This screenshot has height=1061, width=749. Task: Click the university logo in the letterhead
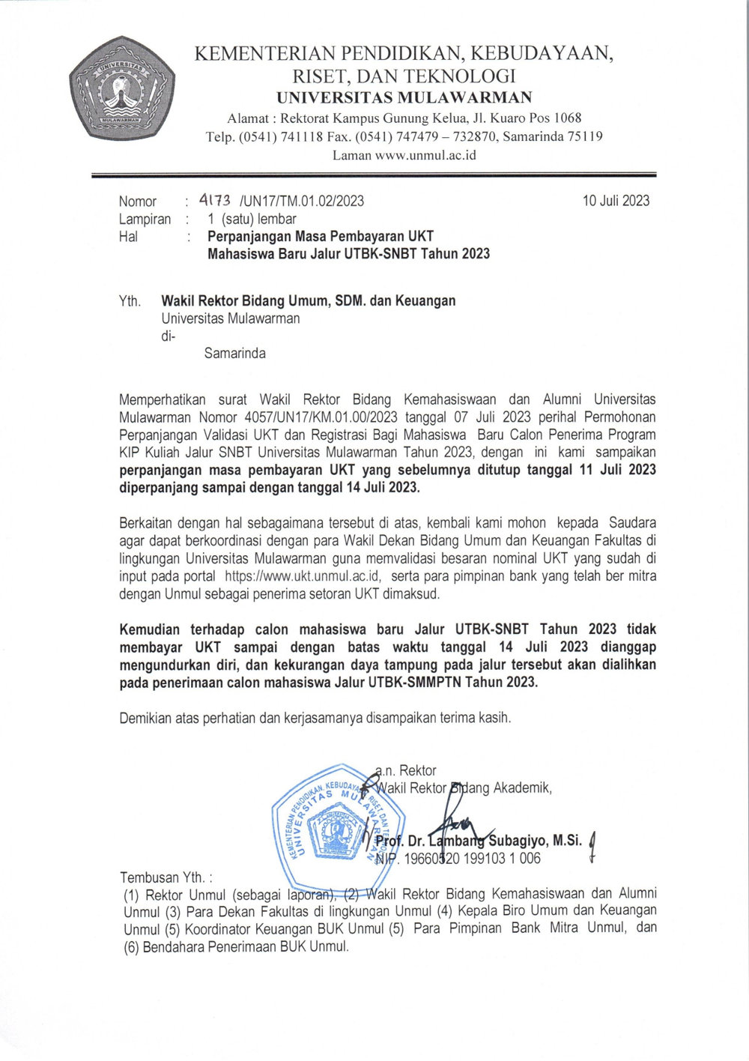(x=122, y=88)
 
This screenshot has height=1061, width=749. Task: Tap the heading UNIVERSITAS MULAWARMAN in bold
(x=404, y=97)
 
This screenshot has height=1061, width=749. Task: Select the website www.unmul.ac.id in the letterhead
(x=425, y=156)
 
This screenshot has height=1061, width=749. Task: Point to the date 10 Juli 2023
(x=616, y=201)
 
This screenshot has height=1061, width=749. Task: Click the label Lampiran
(x=145, y=220)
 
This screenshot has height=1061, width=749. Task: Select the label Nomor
(x=138, y=202)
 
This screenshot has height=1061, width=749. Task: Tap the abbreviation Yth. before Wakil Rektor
(x=130, y=301)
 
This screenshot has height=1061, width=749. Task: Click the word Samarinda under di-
(x=234, y=354)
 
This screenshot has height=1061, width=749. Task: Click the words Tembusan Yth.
(x=166, y=877)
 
